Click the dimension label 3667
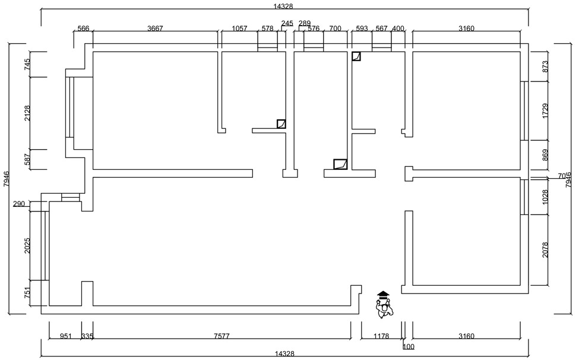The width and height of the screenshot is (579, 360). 155,29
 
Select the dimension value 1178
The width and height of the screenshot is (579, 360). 381,336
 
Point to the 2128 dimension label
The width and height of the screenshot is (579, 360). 27,113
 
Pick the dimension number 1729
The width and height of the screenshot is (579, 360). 546,110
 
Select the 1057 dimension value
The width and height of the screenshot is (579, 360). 239,29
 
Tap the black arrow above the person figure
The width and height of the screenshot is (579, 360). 383,294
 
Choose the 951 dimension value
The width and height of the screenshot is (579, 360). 66,336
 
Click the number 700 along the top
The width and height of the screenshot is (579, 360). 335,29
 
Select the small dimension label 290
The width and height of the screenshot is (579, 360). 19,204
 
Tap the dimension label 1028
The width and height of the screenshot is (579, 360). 546,196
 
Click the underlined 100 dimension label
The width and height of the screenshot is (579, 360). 409,346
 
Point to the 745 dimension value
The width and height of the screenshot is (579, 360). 27,64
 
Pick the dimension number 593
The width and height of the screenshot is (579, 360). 362,29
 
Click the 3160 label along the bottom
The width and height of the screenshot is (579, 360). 466,336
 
